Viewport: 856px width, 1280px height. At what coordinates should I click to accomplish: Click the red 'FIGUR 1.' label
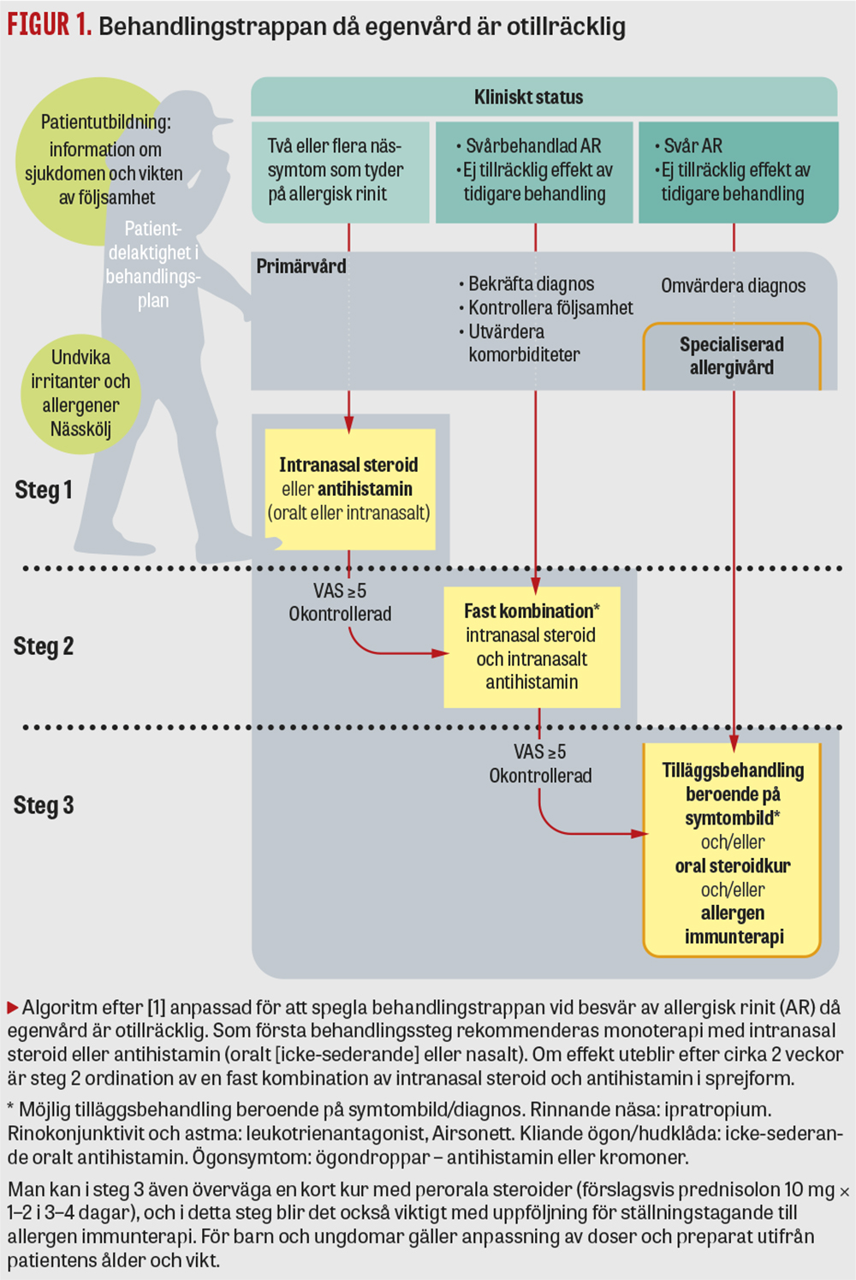(49, 25)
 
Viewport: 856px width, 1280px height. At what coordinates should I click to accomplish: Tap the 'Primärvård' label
(301, 266)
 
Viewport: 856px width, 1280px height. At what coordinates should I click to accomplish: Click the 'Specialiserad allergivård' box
(732, 356)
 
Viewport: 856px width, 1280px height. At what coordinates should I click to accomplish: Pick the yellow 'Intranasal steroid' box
(349, 489)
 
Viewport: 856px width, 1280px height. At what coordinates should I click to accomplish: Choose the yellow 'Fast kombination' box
(532, 646)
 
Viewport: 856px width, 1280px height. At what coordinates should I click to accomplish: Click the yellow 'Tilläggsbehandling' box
(733, 852)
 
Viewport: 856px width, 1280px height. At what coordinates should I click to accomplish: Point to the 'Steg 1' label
(44, 490)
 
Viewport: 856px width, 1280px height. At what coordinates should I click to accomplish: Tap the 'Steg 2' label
(44, 646)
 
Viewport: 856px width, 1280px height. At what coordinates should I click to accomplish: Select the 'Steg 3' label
(44, 806)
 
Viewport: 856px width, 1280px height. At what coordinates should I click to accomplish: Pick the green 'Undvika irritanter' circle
(80, 393)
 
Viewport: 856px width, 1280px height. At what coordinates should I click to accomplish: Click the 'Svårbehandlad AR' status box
(534, 170)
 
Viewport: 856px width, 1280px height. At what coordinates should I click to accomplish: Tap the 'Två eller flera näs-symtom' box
(340, 170)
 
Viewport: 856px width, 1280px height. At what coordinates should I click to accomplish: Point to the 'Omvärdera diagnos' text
(733, 286)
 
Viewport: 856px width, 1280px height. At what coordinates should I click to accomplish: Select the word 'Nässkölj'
(80, 429)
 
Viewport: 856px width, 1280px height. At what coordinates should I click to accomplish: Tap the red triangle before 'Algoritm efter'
(13, 1008)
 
